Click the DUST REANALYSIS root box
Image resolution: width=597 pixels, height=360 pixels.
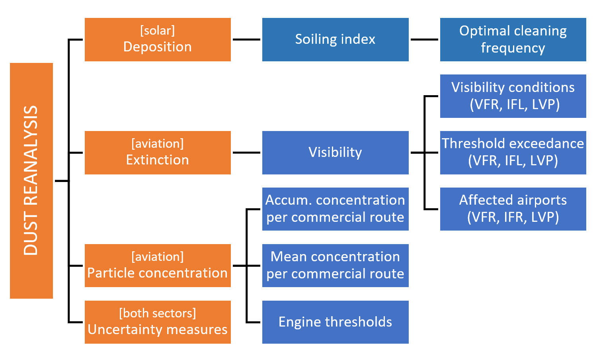coord(31,180)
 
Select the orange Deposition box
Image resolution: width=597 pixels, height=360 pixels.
coord(158,39)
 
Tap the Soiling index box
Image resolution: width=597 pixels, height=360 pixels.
coord(335,39)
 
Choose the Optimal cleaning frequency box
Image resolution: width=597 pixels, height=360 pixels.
coord(513,39)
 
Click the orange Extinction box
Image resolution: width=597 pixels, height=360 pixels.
coord(158,153)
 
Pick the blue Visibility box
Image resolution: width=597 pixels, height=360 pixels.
coord(335,153)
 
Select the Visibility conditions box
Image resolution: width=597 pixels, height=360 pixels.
coord(513,96)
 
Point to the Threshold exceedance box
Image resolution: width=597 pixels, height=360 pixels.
coord(513,153)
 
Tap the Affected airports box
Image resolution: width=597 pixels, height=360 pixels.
coord(513,209)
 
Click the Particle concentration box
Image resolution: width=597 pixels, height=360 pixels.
coord(158,266)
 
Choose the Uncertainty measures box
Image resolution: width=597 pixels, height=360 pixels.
coord(158,322)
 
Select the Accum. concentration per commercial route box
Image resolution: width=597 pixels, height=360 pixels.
coord(335,209)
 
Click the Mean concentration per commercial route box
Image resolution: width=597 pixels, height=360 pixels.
coord(335,266)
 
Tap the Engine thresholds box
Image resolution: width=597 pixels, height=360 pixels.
coord(335,322)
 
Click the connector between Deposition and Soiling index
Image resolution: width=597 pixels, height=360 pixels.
coord(246,39)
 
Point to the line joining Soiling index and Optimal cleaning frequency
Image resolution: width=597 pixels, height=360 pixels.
coord(424,39)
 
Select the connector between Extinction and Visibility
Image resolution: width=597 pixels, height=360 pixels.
coord(246,153)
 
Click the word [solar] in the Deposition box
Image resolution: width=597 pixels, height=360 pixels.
coord(158,31)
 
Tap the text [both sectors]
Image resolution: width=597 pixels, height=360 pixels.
coord(158,313)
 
